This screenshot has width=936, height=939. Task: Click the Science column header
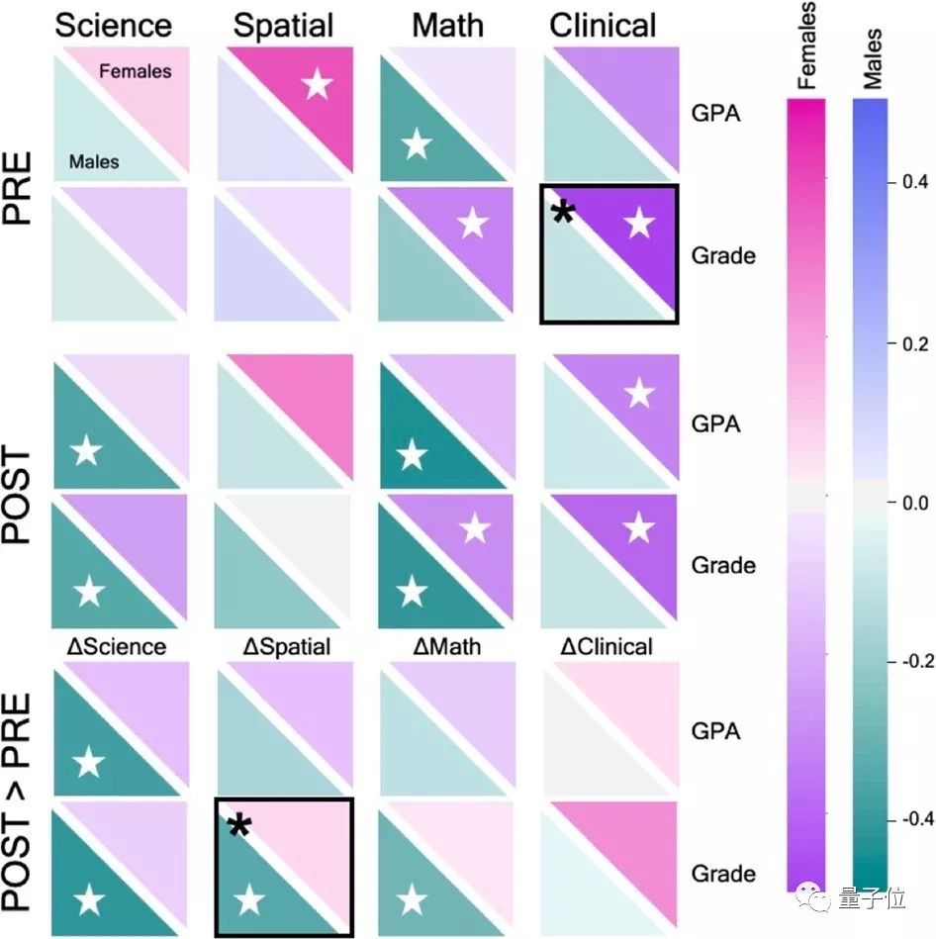point(113,25)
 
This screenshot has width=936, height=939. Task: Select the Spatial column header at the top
point(284,25)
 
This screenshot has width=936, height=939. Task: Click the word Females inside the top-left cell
point(135,71)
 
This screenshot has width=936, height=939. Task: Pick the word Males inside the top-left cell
point(95,160)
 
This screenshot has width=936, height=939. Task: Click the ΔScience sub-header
point(116,647)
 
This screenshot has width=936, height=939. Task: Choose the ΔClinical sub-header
point(607,647)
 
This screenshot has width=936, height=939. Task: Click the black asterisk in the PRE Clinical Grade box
point(563,211)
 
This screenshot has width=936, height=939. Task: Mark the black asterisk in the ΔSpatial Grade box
point(238,825)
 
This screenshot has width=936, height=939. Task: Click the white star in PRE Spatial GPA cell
point(317,85)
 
